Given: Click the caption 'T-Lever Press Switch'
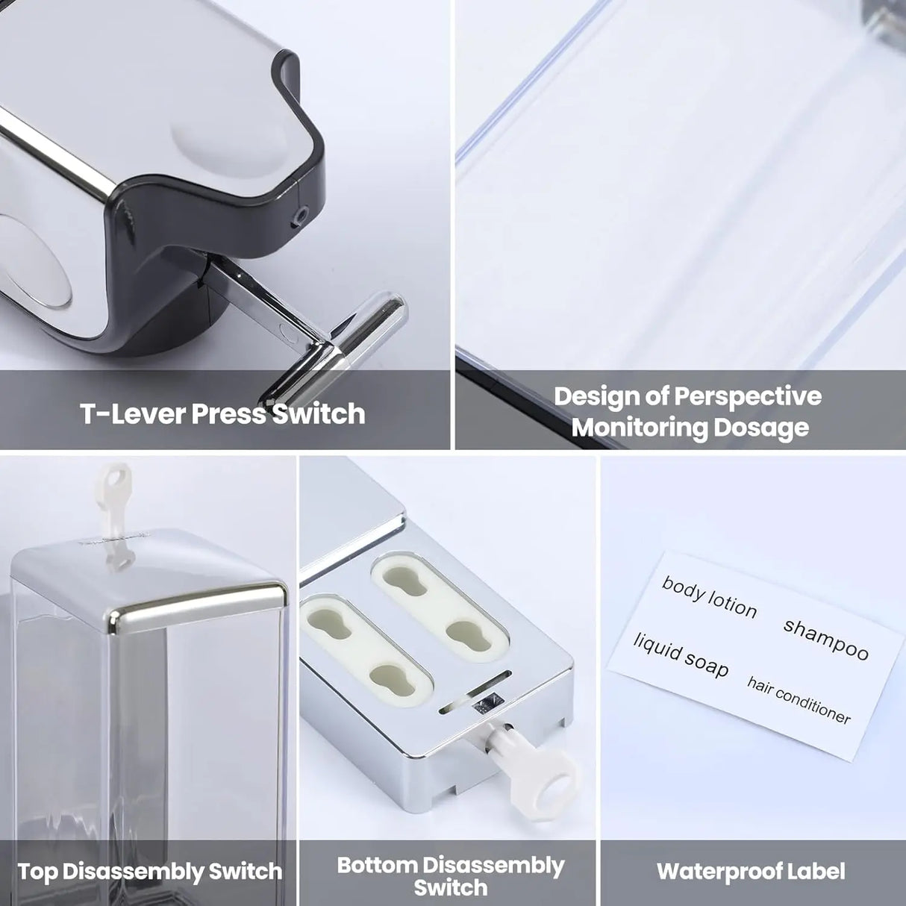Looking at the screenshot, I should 222,413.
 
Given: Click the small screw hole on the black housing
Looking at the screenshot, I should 302,215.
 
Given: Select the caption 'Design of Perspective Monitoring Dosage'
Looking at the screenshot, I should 687,411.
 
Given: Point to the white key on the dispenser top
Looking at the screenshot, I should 115,485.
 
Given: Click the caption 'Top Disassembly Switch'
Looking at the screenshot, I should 150,871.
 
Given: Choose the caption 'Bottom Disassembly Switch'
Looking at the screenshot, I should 450,875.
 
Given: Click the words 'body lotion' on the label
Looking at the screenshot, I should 709,597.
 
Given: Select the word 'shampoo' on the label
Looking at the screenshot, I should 826,640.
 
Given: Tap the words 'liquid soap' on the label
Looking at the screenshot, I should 681,654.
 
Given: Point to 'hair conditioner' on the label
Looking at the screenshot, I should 799,700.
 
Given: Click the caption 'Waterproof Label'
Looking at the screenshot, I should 751,871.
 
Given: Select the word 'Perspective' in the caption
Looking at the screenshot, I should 748,396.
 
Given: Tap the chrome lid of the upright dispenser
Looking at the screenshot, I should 149,575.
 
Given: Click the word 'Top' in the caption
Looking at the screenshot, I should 38,871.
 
